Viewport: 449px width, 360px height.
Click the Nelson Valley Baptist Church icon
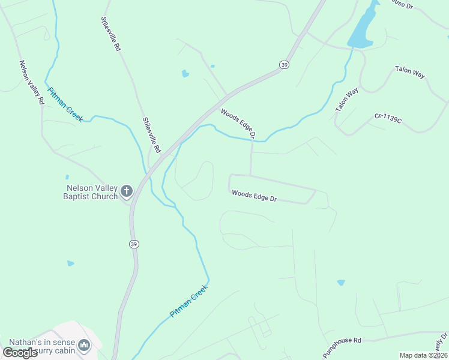pyautogui.click(x=126, y=191)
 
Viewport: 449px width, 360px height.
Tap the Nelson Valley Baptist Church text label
pyautogui.click(x=92, y=191)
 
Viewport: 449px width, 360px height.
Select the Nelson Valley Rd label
pyautogui.click(x=31, y=83)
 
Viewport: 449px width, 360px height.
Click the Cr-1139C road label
pyautogui.click(x=388, y=118)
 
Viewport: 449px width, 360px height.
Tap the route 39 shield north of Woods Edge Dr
pyautogui.click(x=285, y=64)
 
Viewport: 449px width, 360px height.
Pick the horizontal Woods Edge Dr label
pyautogui.click(x=254, y=196)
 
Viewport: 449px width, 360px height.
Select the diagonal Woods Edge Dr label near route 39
pyautogui.click(x=238, y=122)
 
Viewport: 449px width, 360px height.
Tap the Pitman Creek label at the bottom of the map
pyautogui.click(x=188, y=300)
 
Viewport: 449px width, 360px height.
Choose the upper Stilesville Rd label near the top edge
pyautogui.click(x=111, y=34)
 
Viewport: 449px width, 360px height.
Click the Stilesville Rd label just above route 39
pyautogui.click(x=152, y=134)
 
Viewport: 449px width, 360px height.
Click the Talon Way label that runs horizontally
pyautogui.click(x=410, y=72)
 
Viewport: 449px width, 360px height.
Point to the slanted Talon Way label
pyautogui.click(x=347, y=100)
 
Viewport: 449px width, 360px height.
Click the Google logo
pyautogui.click(x=20, y=353)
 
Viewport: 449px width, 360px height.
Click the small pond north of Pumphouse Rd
pyautogui.click(x=341, y=282)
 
